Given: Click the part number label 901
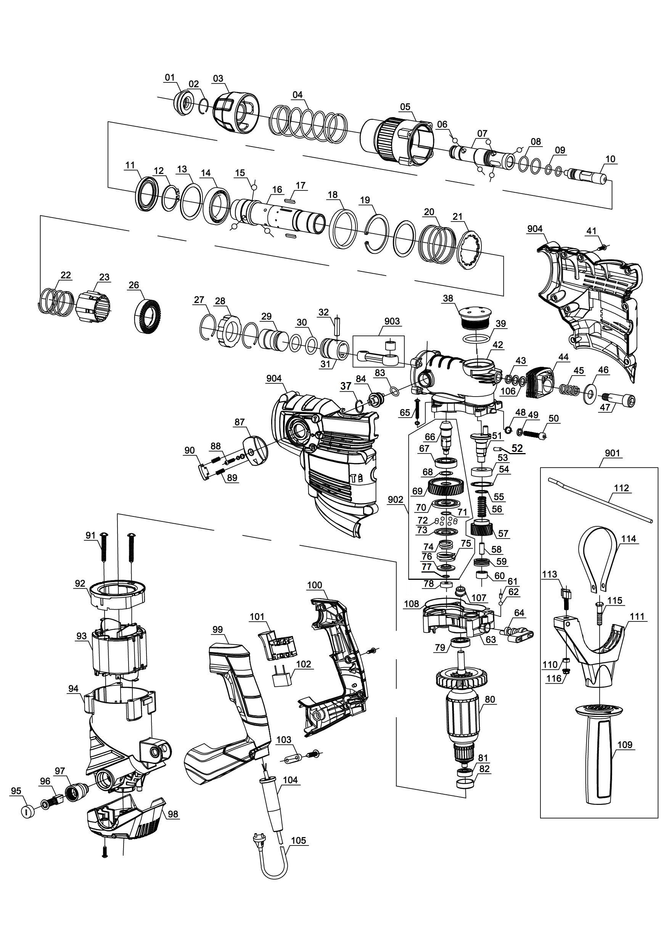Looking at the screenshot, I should tap(612, 454).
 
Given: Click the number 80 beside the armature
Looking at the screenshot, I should tap(490, 700).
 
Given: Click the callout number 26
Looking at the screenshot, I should tap(134, 285).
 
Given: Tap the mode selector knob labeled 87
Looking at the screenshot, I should tap(255, 452).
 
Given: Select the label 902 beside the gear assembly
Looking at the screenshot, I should tap(396, 500).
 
